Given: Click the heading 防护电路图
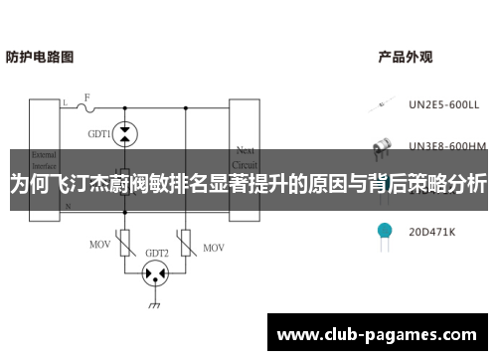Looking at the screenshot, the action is pos(40,57).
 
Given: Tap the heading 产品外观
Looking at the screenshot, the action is pos(405,57).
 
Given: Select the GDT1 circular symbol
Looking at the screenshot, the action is pos(124,131).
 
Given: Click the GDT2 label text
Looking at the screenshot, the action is pos(157,252).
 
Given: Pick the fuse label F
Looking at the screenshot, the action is pos(86,96).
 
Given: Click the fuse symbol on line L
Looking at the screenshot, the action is pos(87,106).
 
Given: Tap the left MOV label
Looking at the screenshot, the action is pos(99,244).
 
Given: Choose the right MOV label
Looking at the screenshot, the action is pos(213,244).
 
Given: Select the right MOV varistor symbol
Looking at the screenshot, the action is pos(186,242).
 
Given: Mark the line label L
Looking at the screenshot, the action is pos(65,102).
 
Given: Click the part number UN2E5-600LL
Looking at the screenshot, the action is pos(443,102).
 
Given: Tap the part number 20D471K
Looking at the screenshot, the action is pos(431,232).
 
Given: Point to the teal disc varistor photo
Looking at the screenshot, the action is pos(384,232).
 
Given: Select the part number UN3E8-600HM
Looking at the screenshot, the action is pos(447,145).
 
